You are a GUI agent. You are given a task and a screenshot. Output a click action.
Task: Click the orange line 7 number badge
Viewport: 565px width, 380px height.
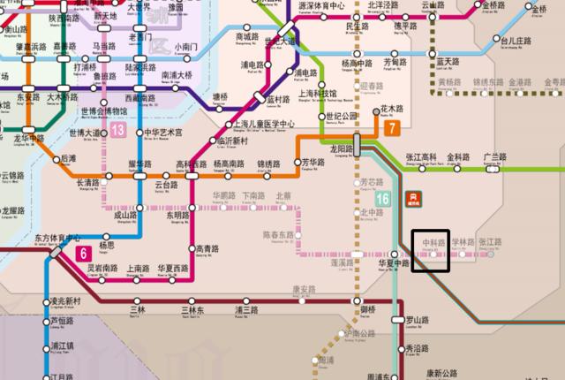point(391,128)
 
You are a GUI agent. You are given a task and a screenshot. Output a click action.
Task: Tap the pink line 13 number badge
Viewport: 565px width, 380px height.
point(117,131)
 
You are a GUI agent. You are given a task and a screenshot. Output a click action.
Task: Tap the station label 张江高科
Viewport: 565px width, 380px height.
point(421,156)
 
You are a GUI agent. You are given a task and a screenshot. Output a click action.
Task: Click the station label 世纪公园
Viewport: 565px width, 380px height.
point(341,116)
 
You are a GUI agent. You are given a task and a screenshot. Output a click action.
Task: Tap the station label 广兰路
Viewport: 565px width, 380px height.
point(495,156)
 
